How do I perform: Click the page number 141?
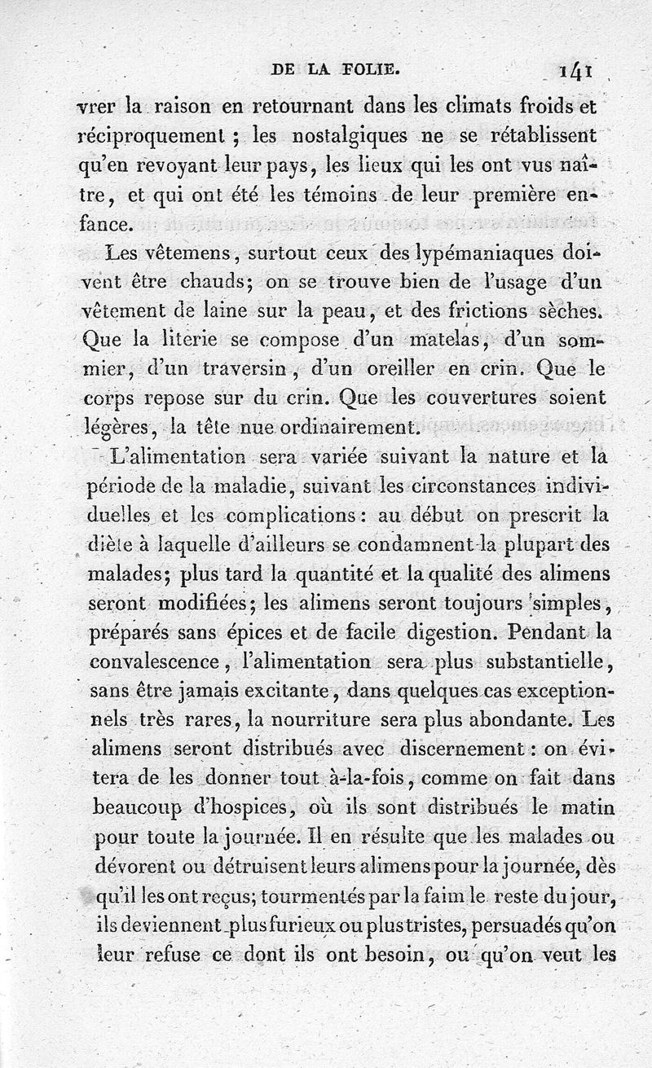click(x=575, y=72)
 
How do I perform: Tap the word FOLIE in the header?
click(x=370, y=71)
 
